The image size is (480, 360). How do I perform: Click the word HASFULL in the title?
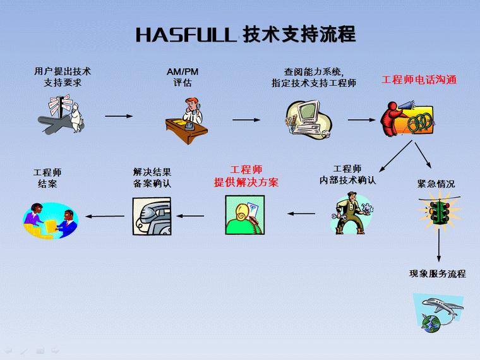click(186, 35)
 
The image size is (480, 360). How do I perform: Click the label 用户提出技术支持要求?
click(63, 77)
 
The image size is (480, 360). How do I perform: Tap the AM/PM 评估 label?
click(183, 77)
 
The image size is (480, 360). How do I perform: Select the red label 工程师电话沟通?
click(419, 80)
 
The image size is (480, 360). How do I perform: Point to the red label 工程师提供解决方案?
click(246, 176)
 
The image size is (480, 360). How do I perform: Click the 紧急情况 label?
click(436, 184)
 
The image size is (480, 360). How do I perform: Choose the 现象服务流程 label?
click(438, 274)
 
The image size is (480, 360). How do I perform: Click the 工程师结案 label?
click(47, 178)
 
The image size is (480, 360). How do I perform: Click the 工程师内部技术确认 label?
click(347, 174)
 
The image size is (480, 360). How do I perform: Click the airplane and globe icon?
click(437, 311)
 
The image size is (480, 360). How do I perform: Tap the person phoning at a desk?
click(188, 119)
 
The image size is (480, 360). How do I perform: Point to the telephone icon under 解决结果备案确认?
click(152, 215)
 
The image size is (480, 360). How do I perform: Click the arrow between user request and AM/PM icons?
click(119, 116)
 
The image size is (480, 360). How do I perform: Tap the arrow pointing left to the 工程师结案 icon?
click(105, 217)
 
